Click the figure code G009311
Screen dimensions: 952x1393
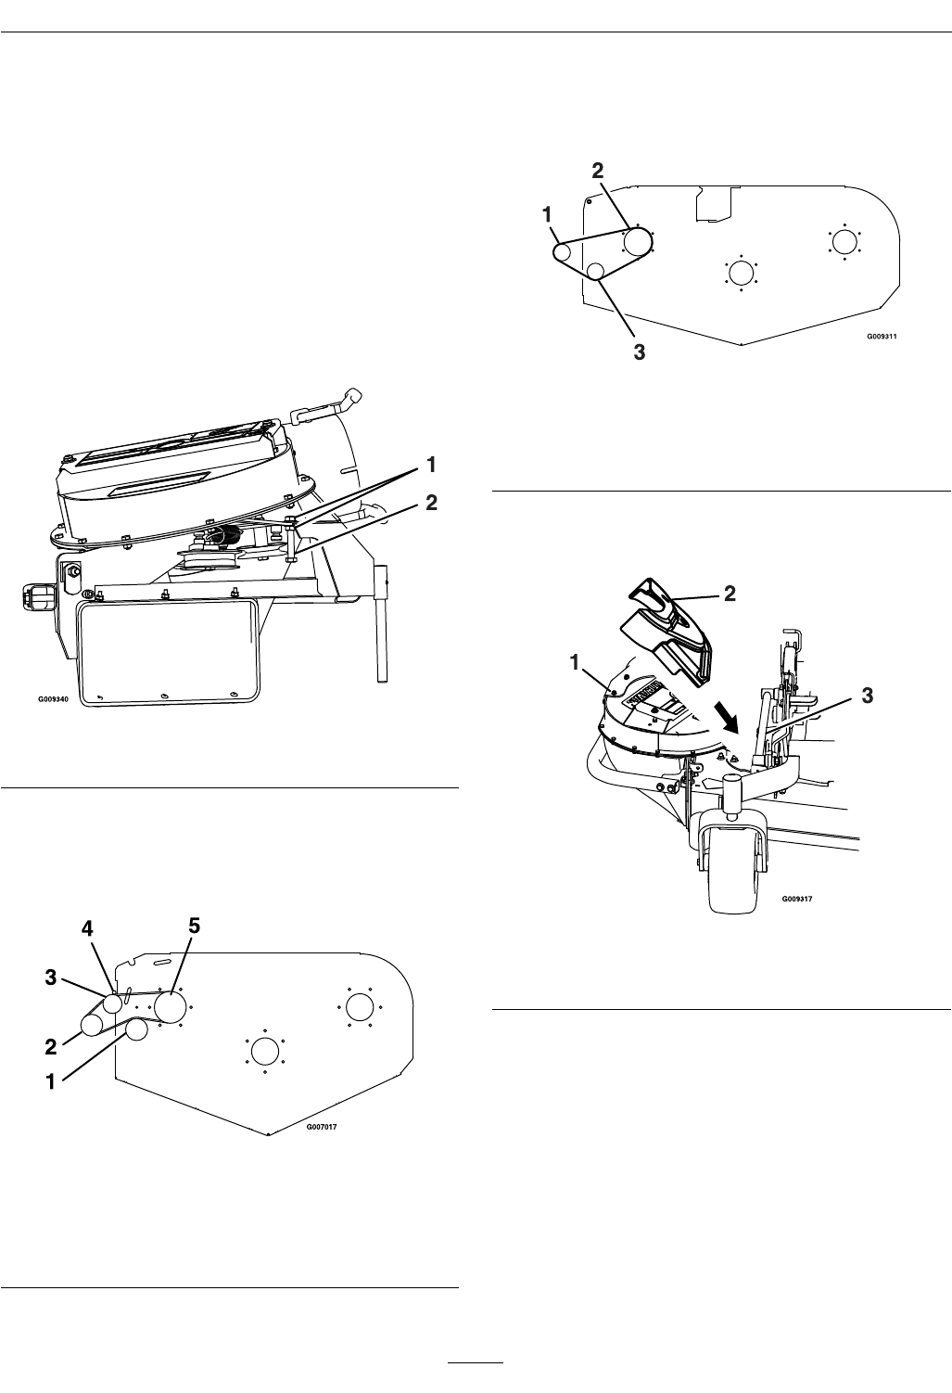pos(882,337)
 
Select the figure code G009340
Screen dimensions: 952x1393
pos(54,699)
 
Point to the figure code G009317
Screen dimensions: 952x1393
pos(796,898)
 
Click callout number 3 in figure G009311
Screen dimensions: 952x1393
pos(640,352)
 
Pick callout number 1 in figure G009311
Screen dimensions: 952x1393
pos(547,214)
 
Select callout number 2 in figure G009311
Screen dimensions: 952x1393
pos(597,171)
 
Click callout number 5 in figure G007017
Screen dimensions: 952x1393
pos(195,926)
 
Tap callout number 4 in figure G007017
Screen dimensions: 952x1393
pos(87,929)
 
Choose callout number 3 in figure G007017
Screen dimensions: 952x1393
pos(51,978)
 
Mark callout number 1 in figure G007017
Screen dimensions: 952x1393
pos(51,1081)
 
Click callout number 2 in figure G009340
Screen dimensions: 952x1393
pos(431,503)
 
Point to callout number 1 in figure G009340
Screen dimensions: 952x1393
pos(431,465)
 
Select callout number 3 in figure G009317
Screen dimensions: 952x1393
pos(867,696)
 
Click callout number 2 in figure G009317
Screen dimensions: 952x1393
pos(730,594)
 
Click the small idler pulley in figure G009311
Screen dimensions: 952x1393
pos(595,271)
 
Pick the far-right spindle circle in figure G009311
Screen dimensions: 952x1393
pos(844,241)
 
